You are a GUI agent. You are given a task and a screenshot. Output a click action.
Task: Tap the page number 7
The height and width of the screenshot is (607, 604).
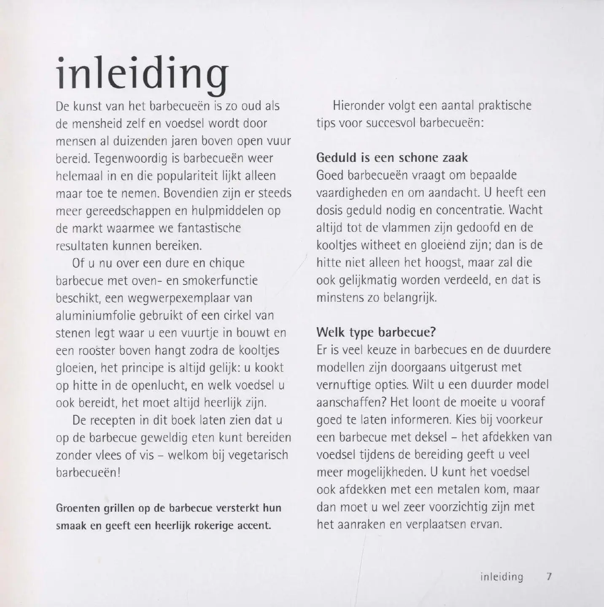point(549,577)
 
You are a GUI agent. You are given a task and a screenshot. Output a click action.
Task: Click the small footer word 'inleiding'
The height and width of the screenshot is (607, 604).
point(502,577)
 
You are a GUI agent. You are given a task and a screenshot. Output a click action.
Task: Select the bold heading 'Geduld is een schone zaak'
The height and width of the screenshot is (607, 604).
point(392,158)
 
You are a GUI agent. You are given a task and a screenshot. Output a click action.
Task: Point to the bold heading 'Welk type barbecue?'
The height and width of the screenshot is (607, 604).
point(376,332)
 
